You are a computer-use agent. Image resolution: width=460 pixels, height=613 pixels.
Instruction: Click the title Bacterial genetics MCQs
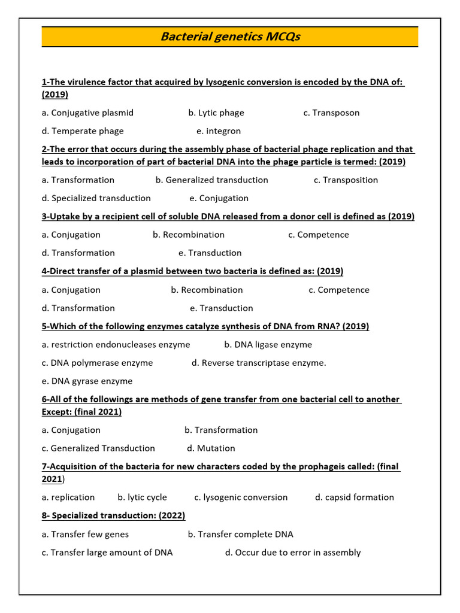[230, 37]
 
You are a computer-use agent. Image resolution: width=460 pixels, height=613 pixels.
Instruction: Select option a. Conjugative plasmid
[87, 113]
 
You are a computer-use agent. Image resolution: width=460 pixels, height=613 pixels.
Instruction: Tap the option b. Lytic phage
[216, 113]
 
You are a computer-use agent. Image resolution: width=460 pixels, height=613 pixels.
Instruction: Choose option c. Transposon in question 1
[331, 113]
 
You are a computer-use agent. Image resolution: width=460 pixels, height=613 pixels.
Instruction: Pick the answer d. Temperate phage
[83, 131]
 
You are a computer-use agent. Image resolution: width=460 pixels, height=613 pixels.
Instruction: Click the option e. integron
[219, 131]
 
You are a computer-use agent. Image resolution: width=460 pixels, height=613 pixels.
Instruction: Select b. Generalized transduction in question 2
[211, 180]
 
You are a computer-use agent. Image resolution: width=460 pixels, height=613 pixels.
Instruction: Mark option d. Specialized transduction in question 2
[96, 198]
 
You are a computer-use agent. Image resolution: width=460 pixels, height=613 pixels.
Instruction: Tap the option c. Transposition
[346, 180]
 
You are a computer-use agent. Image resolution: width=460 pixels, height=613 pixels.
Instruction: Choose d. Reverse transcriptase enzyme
[259, 363]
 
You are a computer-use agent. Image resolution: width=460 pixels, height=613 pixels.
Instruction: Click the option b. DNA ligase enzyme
[268, 344]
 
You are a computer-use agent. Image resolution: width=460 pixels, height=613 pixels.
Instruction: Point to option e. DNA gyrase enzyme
[87, 381]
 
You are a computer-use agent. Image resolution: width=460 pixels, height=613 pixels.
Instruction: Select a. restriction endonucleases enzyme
[116, 344]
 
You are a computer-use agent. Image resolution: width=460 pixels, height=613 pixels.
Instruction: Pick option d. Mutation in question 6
[211, 448]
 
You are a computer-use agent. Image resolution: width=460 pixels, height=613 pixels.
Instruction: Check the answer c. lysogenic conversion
[241, 497]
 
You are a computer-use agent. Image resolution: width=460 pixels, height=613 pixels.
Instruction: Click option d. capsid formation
[355, 497]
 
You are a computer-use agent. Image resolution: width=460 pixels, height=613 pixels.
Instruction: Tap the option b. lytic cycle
[143, 497]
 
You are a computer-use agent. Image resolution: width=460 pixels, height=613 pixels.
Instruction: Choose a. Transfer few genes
[85, 534]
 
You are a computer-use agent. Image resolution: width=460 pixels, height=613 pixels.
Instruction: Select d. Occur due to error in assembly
[293, 553]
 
